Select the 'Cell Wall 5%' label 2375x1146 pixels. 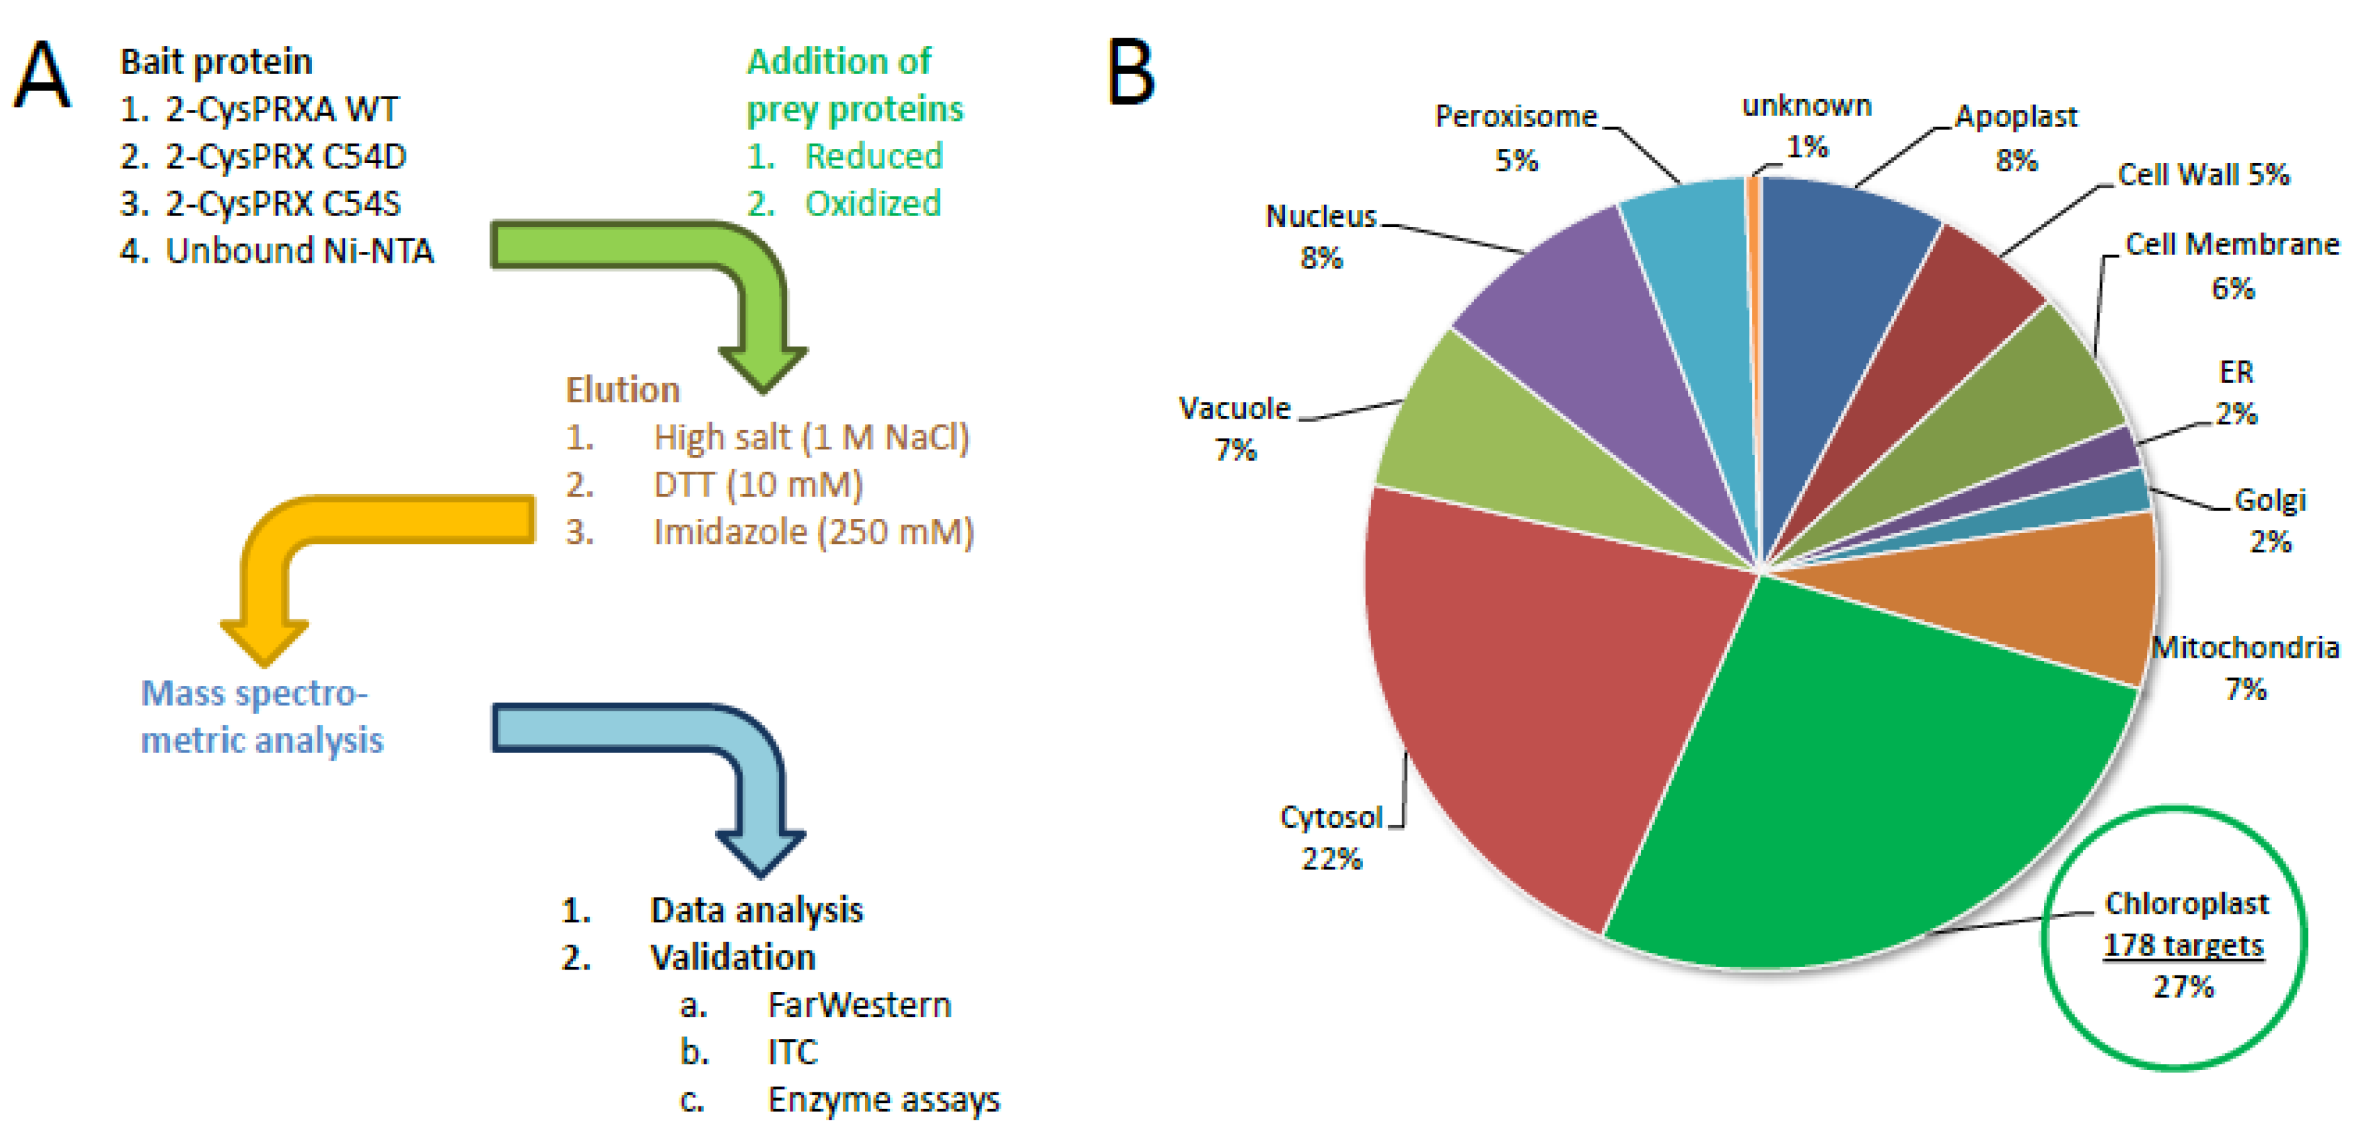coord(2204,175)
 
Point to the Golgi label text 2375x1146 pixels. coord(2270,500)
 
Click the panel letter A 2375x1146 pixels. coord(42,75)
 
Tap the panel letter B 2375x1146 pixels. coord(1130,72)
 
